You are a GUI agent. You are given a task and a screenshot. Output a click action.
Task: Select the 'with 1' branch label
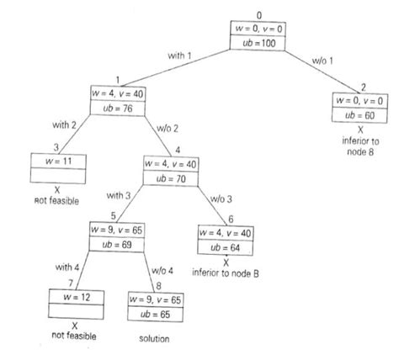pyautogui.click(x=179, y=56)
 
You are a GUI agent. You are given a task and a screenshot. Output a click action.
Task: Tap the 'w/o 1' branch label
pyautogui.click(x=322, y=61)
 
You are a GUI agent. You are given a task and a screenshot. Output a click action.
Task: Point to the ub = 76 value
pyautogui.click(x=118, y=109)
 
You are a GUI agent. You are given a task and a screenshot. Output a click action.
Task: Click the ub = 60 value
pyautogui.click(x=359, y=115)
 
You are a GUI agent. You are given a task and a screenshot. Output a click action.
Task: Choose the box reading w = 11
pyautogui.click(x=58, y=168)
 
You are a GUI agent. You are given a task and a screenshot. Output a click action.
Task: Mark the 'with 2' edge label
pyautogui.click(x=64, y=124)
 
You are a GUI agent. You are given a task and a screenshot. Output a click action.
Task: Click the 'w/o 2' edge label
pyautogui.click(x=168, y=129)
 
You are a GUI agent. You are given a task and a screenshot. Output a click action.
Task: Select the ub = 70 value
pyautogui.click(x=171, y=178)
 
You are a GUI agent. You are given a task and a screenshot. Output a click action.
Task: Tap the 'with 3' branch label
pyautogui.click(x=119, y=195)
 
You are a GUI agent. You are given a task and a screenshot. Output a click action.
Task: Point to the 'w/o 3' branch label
pyautogui.click(x=221, y=199)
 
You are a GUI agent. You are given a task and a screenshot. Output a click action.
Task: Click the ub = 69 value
pyautogui.click(x=117, y=245)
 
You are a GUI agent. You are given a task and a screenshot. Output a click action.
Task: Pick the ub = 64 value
pyautogui.click(x=225, y=248)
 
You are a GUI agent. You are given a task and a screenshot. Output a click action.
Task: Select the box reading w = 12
pyautogui.click(x=77, y=304)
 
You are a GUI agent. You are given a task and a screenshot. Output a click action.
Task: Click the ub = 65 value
pyautogui.click(x=155, y=315)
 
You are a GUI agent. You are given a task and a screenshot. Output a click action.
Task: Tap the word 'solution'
pyautogui.click(x=154, y=339)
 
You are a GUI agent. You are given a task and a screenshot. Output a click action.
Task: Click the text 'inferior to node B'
pyautogui.click(x=226, y=273)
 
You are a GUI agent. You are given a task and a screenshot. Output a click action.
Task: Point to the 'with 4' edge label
pyautogui.click(x=67, y=267)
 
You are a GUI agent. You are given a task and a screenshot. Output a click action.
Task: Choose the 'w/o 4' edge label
pyautogui.click(x=162, y=271)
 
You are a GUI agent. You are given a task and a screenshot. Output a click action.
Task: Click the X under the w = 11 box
pyautogui.click(x=57, y=190)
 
